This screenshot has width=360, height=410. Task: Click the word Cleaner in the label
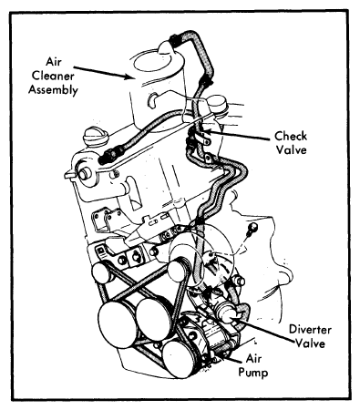[53, 76]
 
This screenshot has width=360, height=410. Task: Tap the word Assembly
[53, 90]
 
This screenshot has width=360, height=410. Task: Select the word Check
[291, 136]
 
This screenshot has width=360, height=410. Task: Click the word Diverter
[310, 330]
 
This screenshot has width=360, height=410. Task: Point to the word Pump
[253, 373]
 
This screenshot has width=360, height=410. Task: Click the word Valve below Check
[291, 150]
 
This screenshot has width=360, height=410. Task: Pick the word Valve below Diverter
[311, 343]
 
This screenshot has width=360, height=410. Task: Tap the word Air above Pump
[253, 359]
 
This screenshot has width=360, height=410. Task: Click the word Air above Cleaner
[54, 62]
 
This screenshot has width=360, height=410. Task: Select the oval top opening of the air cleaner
[159, 62]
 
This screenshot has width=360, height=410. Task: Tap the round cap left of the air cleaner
[96, 137]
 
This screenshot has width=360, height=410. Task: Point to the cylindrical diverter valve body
[227, 312]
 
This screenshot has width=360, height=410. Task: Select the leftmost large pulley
[117, 323]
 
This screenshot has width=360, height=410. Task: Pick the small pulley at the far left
[102, 272]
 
